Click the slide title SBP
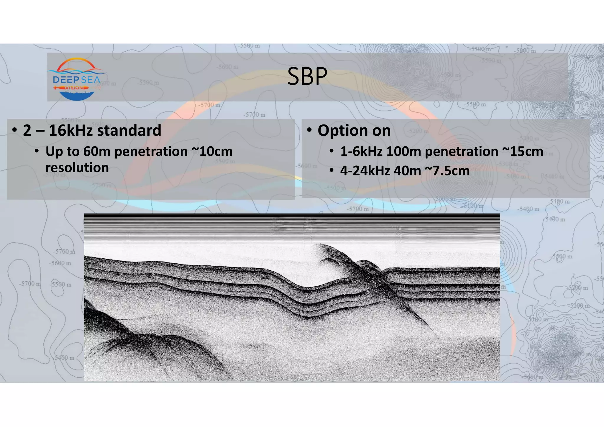(307, 76)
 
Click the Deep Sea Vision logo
(77, 79)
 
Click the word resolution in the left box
(77, 168)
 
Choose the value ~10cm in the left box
(212, 152)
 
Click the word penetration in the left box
(151, 152)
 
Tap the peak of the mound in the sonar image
(319, 244)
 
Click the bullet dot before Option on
(309, 130)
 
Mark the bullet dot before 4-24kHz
(332, 171)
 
